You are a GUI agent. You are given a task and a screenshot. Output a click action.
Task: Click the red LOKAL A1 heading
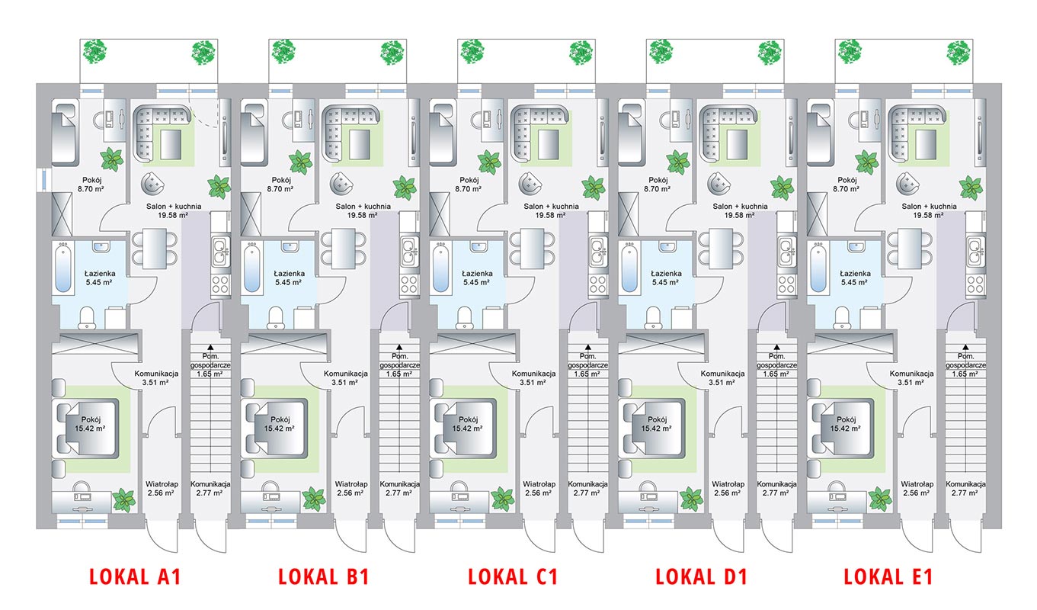click(135, 577)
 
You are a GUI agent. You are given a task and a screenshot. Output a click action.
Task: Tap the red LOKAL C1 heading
click(513, 577)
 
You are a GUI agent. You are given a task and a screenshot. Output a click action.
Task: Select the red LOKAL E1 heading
click(888, 577)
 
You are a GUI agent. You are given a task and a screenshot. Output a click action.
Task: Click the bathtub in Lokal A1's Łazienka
click(62, 268)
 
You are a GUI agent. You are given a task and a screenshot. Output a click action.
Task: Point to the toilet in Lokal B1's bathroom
click(276, 318)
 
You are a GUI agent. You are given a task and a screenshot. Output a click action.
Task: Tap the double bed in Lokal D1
click(654, 429)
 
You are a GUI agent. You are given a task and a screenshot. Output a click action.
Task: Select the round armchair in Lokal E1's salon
click(907, 184)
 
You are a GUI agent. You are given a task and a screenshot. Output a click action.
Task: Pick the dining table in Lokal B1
click(344, 249)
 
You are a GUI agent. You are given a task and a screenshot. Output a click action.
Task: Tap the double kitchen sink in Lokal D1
click(787, 251)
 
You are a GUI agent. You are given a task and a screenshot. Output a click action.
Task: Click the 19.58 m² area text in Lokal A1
click(173, 215)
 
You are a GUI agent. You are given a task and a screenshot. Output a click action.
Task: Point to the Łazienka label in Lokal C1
click(477, 274)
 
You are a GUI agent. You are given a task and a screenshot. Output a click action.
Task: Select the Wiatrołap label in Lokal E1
click(917, 484)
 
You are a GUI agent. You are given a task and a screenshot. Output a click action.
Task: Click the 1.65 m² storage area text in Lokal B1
click(399, 374)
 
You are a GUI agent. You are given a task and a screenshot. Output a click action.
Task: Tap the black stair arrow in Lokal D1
click(777, 347)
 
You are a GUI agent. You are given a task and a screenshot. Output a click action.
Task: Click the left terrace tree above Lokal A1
click(95, 51)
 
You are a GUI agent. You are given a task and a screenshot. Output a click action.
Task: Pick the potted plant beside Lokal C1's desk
click(503, 499)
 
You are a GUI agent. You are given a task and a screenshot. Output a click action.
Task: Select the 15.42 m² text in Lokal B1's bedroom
click(279, 429)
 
